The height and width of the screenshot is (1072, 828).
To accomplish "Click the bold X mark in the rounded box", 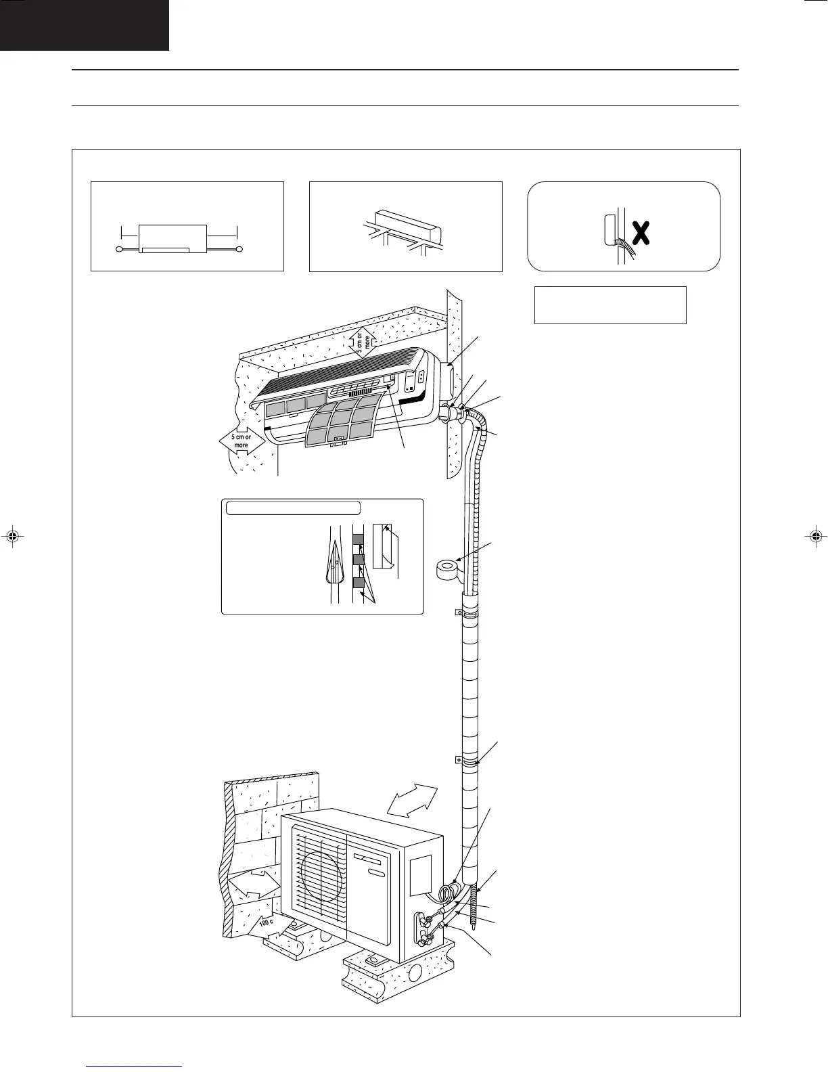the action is point(641,234).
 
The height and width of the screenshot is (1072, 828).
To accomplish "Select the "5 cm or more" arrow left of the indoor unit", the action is point(241,441).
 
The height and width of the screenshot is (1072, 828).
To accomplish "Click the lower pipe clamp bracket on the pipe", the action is point(458,760).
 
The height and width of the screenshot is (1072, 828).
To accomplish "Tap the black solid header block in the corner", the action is point(84,25).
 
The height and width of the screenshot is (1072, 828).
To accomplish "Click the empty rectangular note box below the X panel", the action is point(610,305).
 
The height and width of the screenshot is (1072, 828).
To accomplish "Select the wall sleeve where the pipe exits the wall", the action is point(447,412).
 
